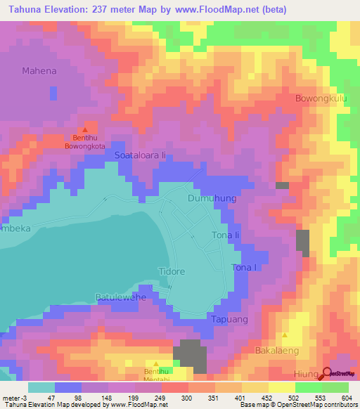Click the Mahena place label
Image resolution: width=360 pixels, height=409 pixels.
[x=40, y=71]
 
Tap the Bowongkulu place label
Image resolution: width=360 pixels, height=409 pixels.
[x=322, y=98]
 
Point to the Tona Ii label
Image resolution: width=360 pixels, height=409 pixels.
[x=226, y=235]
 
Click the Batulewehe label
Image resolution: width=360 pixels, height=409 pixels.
[x=120, y=297]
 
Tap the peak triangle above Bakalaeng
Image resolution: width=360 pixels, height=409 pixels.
[x=284, y=335]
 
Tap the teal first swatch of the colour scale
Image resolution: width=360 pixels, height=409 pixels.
[x=41, y=387]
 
